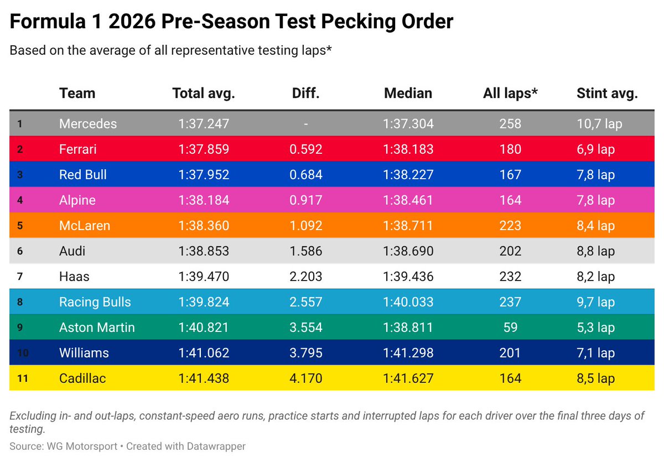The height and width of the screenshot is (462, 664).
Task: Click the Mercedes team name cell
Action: [x=87, y=123]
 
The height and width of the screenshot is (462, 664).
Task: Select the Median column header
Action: [x=408, y=94]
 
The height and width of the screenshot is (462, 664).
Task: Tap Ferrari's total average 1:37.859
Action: [x=203, y=149]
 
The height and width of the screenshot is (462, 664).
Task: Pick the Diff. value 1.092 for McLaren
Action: [x=305, y=225]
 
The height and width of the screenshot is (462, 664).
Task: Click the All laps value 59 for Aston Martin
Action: [x=510, y=327]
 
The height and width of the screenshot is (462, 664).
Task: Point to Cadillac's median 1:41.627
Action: [x=408, y=378]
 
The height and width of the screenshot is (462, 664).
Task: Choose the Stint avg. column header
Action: [x=607, y=94]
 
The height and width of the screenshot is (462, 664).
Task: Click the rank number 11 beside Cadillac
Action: [x=20, y=378]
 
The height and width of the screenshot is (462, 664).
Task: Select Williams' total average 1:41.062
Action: [x=203, y=353]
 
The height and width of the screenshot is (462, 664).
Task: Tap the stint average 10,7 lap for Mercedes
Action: [x=599, y=123]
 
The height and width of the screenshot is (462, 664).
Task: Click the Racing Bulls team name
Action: [x=95, y=302]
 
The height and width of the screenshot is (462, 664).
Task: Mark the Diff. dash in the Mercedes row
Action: [x=305, y=123]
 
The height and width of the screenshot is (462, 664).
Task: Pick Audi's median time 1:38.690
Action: [x=408, y=251]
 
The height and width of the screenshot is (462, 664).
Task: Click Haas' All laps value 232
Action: [x=510, y=277]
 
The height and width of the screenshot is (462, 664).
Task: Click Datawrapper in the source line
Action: [x=214, y=446]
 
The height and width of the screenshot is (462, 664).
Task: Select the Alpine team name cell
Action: [x=77, y=200]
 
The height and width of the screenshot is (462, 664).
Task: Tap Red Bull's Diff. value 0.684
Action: [x=305, y=174]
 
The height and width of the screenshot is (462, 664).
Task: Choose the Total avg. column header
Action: [x=203, y=94]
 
